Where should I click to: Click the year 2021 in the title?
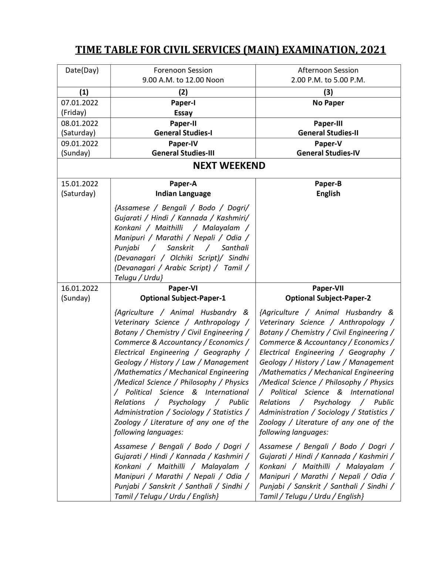(373, 50)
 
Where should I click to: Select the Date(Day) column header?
(82, 70)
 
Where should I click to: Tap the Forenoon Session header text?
(183, 70)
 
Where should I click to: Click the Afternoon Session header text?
(328, 70)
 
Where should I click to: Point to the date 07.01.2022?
(80, 103)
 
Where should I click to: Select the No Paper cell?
(328, 103)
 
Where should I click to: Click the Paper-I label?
(183, 103)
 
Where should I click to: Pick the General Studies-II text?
(328, 133)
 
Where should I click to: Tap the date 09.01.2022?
(80, 143)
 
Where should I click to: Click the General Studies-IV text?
(328, 153)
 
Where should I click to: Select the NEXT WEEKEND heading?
(229, 166)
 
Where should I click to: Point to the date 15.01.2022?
(80, 184)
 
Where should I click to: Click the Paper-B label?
(328, 184)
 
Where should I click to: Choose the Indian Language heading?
(183, 194)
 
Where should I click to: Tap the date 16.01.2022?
(80, 288)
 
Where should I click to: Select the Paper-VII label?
(328, 288)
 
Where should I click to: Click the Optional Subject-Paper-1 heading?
(183, 298)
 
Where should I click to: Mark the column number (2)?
(183, 92)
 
